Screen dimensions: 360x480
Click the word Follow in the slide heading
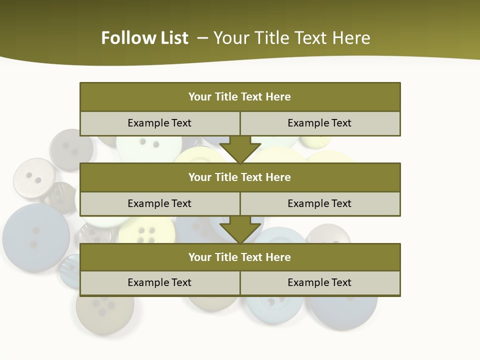[x=123, y=38]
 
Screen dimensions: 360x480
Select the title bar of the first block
[x=240, y=97]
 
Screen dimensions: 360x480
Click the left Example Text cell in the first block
[x=159, y=123]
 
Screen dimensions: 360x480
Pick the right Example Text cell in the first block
[x=320, y=123]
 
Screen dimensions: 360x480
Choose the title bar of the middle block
[x=240, y=177]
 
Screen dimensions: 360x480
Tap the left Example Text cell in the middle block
[x=159, y=203]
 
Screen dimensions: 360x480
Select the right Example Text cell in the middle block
[x=320, y=203]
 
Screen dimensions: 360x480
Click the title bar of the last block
[x=240, y=257]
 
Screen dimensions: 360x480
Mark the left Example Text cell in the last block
[x=159, y=282]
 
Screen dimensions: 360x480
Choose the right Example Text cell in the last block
[x=320, y=282]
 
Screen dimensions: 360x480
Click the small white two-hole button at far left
[x=34, y=178]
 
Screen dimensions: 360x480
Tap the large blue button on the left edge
[x=35, y=237]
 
